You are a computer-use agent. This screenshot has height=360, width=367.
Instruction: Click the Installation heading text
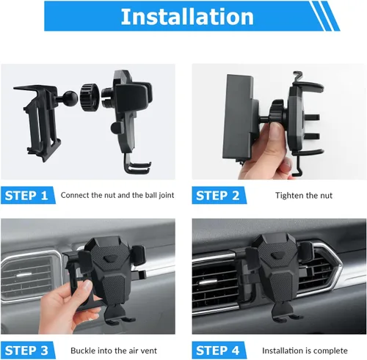coord(187,16)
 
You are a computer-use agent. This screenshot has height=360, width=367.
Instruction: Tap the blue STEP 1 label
coord(26,195)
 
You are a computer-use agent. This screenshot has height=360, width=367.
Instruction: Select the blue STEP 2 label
coord(218,195)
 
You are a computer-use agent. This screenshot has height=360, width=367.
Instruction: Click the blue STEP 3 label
coord(26,350)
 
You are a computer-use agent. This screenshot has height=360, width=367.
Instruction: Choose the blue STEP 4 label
coord(218,350)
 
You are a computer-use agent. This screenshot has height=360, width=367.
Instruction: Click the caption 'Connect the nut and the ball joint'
coord(117,196)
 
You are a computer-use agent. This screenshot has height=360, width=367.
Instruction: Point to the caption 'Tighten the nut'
coord(303,196)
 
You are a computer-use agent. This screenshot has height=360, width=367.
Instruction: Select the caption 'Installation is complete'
coord(303,350)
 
